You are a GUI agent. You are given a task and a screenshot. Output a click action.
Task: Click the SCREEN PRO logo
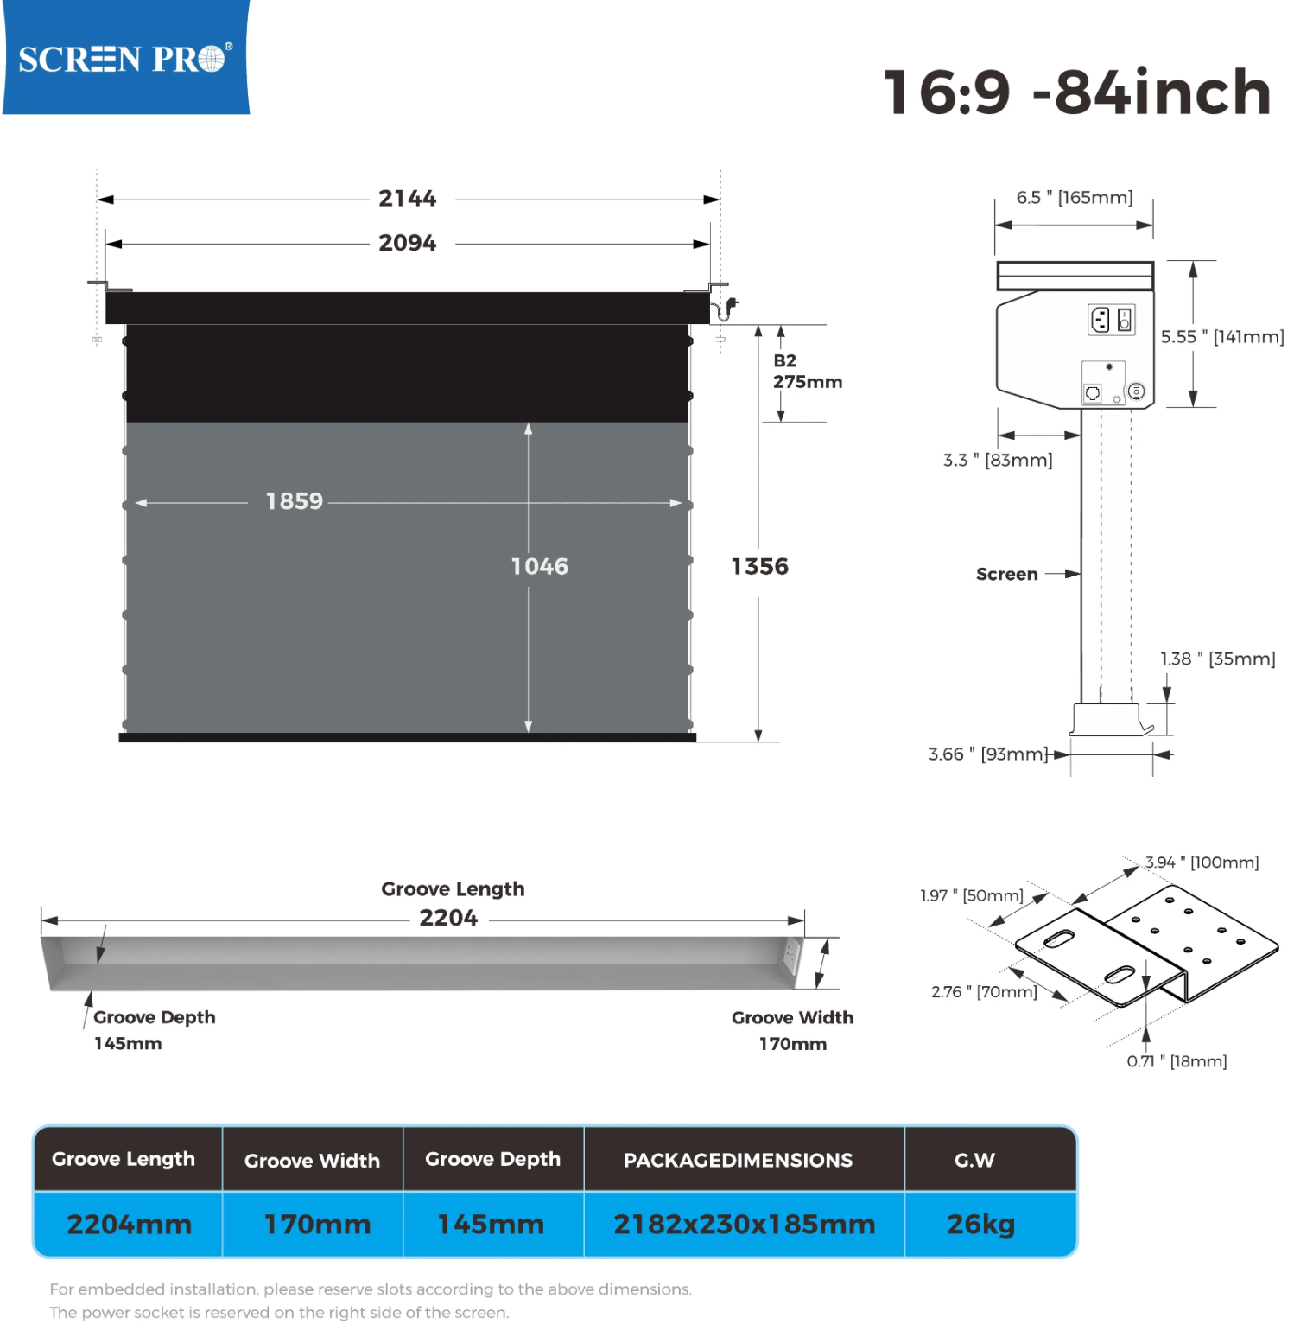pyautogui.click(x=126, y=57)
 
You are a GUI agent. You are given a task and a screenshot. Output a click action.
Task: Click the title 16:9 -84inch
pyautogui.click(x=1076, y=92)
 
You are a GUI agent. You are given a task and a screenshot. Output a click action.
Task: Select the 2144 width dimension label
pyautogui.click(x=408, y=199)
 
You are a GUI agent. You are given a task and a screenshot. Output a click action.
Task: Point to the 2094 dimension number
pyautogui.click(x=408, y=243)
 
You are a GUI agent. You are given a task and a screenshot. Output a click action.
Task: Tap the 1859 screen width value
pyautogui.click(x=295, y=501)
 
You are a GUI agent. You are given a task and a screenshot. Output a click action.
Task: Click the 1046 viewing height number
pyautogui.click(x=540, y=566)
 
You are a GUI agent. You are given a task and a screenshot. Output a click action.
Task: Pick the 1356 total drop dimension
pyautogui.click(x=760, y=566)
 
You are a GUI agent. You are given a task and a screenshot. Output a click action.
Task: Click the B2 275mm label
pyautogui.click(x=808, y=372)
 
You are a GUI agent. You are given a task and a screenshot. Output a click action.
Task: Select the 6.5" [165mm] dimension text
pyautogui.click(x=1075, y=198)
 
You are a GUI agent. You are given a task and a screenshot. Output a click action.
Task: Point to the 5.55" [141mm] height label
pyautogui.click(x=1222, y=337)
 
